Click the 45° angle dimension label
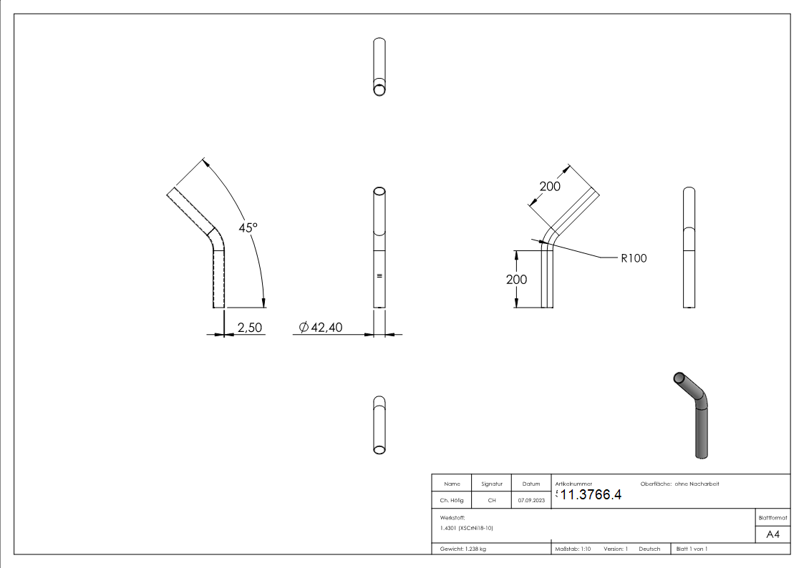pyautogui.click(x=248, y=227)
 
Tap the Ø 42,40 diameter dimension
pyautogui.click(x=321, y=327)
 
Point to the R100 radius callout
pyautogui.click(x=634, y=258)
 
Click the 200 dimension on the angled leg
pyautogui.click(x=550, y=186)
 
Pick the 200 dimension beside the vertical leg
pyautogui.click(x=516, y=280)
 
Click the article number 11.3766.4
pyautogui.click(x=591, y=495)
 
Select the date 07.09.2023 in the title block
pyautogui.click(x=531, y=501)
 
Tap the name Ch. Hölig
pyautogui.click(x=452, y=501)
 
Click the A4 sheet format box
pyautogui.click(x=772, y=534)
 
